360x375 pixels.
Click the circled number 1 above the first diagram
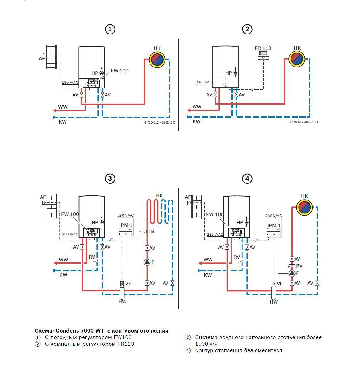pos(110,29)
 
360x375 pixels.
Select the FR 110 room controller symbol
pos(263,55)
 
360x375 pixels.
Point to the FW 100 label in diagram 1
pos(120,71)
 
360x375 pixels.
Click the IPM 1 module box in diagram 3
pos(126,232)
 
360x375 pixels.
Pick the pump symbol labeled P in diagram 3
pos(147,262)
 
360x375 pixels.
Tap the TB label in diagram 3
pos(151,231)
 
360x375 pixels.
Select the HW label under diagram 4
pos(274,302)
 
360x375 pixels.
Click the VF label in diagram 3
pos(128,284)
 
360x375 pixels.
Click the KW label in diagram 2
pos(197,121)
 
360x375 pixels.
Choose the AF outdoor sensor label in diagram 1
pos(42,58)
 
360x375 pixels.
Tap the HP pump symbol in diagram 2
pos(236,72)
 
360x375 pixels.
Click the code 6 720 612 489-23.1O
pos(304,122)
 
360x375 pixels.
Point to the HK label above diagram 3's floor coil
pos(159,196)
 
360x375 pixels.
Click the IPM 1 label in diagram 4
pos(274,225)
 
